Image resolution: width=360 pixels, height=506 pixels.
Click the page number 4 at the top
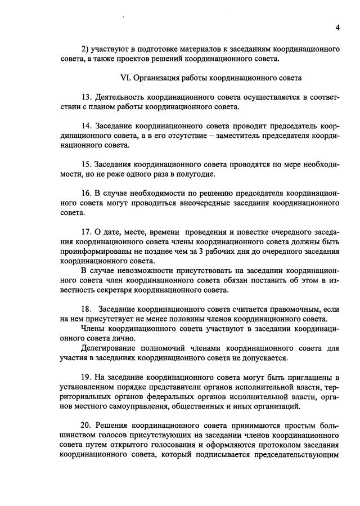click(x=337, y=28)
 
